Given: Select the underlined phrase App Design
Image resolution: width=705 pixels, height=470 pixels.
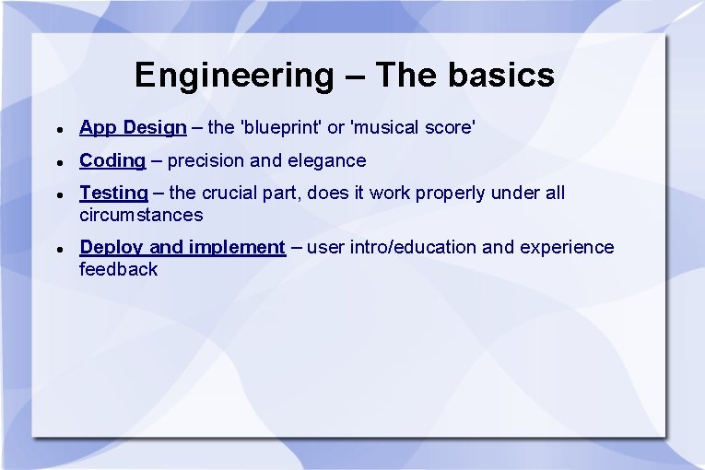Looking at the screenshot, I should click(133, 127).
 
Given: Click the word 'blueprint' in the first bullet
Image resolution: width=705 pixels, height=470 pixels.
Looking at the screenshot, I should click(283, 127).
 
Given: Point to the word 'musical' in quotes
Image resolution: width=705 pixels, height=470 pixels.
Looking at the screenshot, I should click(386, 127).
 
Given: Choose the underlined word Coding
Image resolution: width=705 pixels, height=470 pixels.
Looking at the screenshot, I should click(112, 160).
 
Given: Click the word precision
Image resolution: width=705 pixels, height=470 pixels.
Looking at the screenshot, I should click(206, 160).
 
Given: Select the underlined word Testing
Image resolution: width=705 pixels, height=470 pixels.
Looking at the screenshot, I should click(113, 193).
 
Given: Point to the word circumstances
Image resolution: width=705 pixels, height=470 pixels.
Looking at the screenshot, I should click(141, 215).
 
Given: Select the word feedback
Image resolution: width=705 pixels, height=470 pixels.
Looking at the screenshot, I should click(119, 269).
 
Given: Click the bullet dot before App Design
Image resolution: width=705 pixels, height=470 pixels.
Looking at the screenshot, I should click(58, 129).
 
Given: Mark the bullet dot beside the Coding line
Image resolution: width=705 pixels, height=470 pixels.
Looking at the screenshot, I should click(58, 162).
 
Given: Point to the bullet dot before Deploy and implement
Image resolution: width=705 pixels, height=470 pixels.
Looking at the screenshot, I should click(58, 249).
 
